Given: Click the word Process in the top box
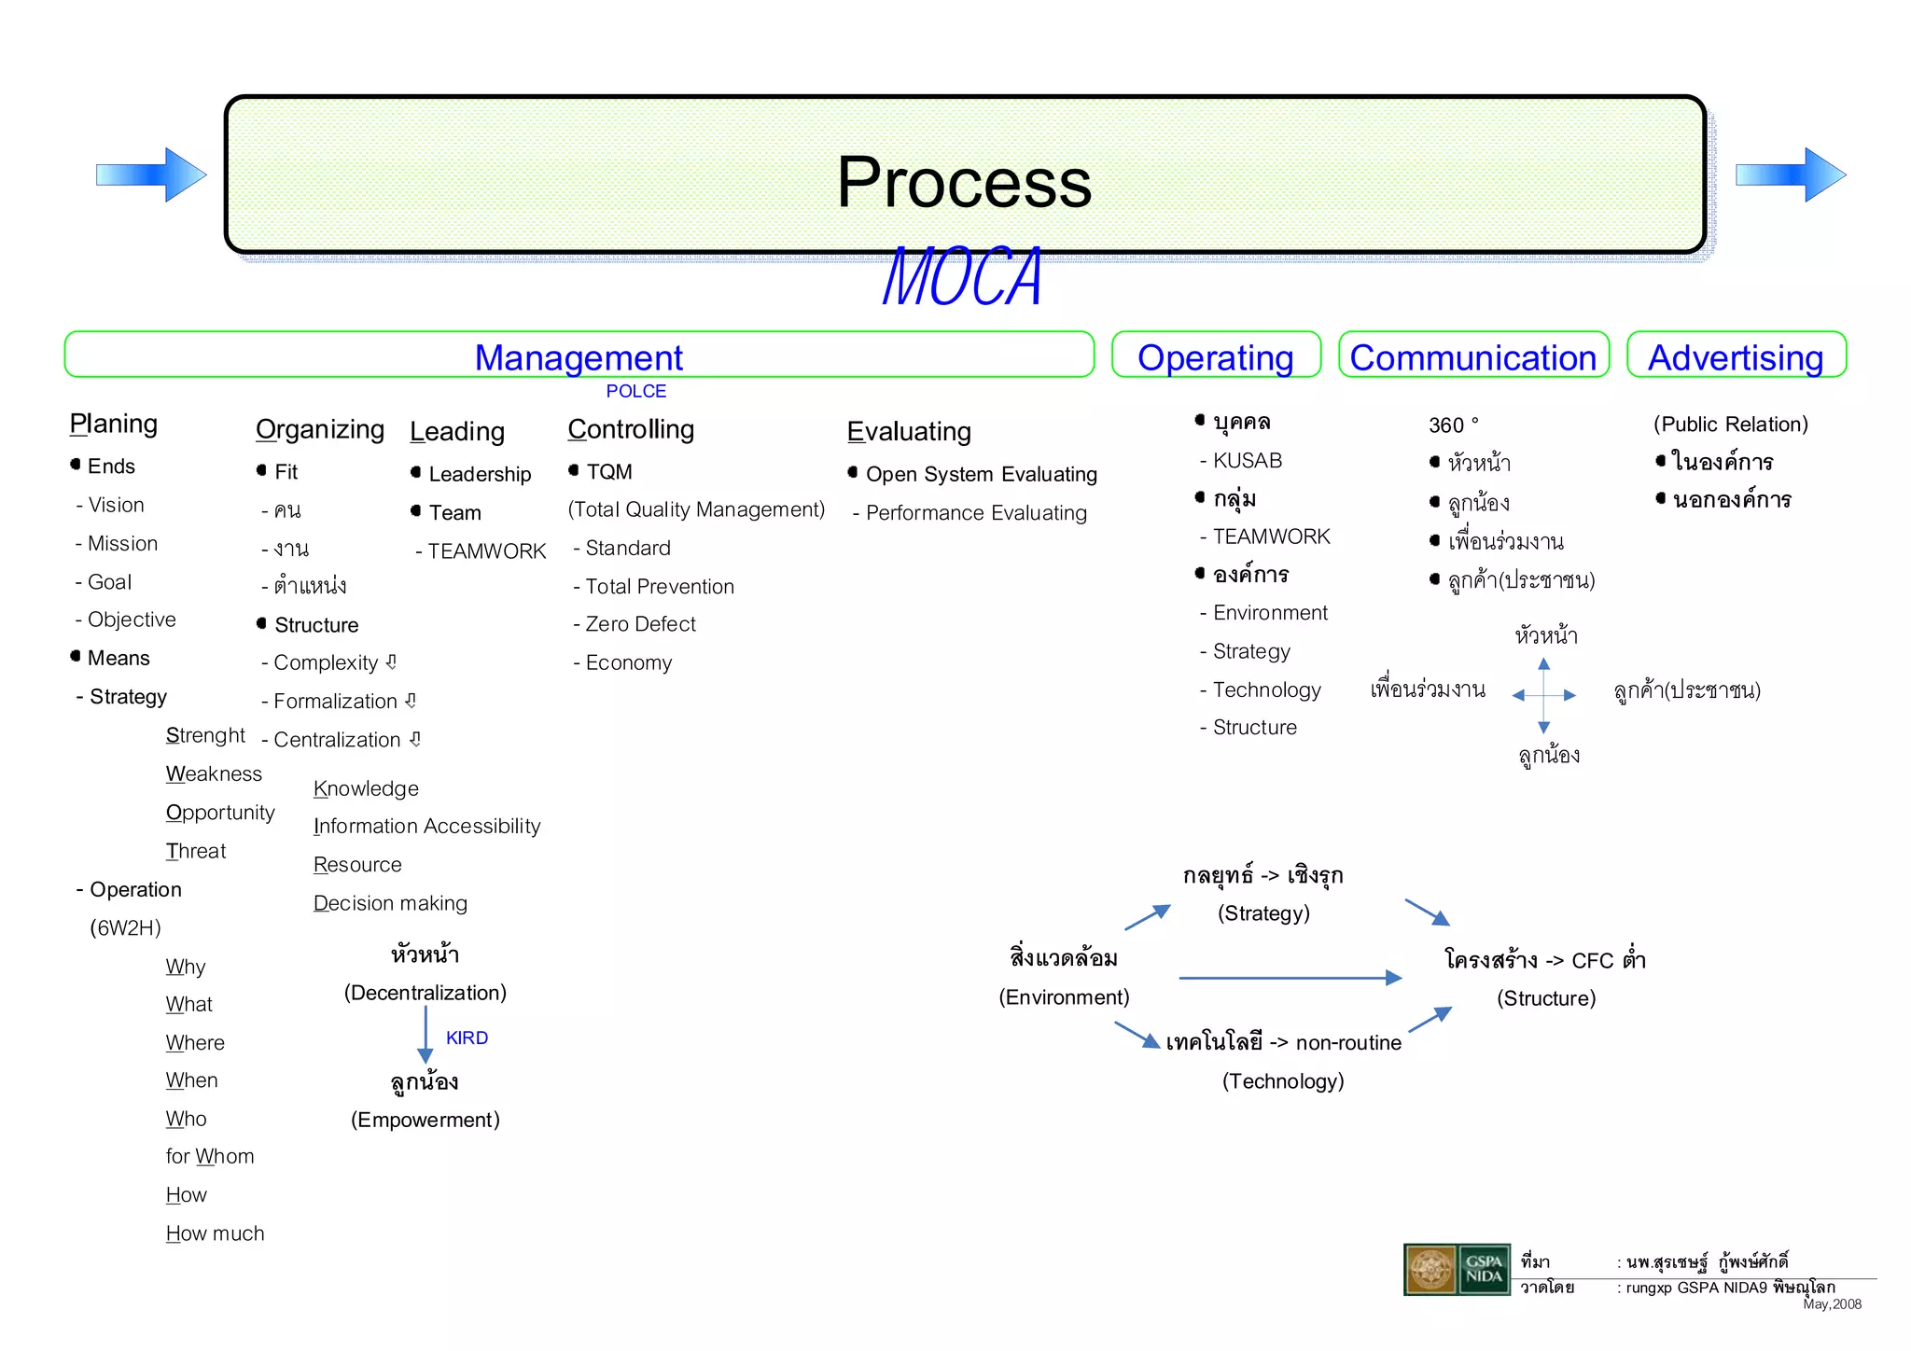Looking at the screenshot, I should coord(964,182).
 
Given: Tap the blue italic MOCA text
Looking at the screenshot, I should coord(962,277).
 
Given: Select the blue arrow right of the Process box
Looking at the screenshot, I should coord(1790,174).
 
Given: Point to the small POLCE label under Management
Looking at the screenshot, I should coord(635,391).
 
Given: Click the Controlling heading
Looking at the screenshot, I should coord(631,429).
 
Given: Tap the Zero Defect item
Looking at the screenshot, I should coord(640,624).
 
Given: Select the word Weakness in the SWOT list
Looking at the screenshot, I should coord(214,774).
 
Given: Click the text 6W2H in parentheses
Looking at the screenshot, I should coord(125,928).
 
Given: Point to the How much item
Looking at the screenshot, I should coord(215,1233).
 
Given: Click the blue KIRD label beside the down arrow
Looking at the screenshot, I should coord(467,1038).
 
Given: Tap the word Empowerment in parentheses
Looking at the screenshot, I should coord(425,1120).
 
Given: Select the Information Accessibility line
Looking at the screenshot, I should coord(426,827).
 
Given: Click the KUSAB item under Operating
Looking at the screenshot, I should coord(1247,461).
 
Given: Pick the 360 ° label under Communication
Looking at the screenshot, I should coord(1453,425).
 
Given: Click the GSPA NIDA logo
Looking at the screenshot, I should coord(1457,1270).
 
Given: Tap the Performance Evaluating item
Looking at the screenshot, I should coord(975,513).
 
